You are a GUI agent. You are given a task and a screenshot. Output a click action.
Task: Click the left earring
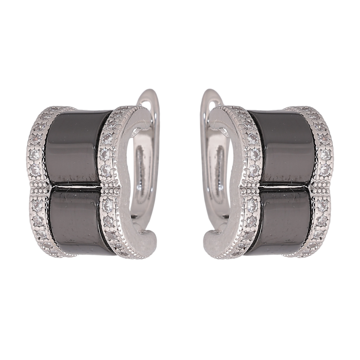89,182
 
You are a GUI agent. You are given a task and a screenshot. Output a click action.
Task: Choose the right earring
270,182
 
